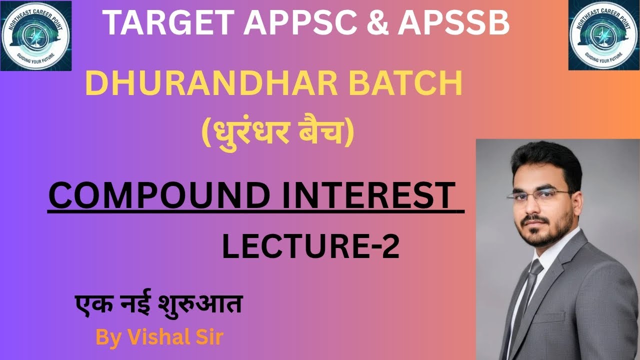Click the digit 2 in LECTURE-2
tap(391, 247)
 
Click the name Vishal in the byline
tap(152, 337)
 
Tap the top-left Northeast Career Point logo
tap(36, 36)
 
